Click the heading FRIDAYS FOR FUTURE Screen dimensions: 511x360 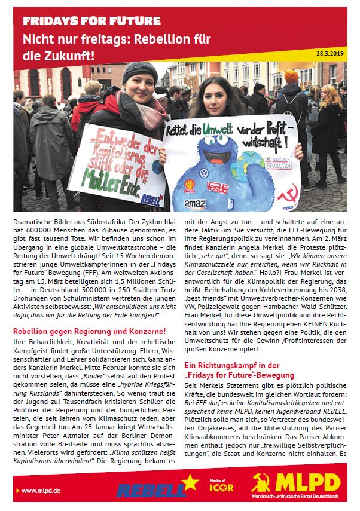pos(91,22)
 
